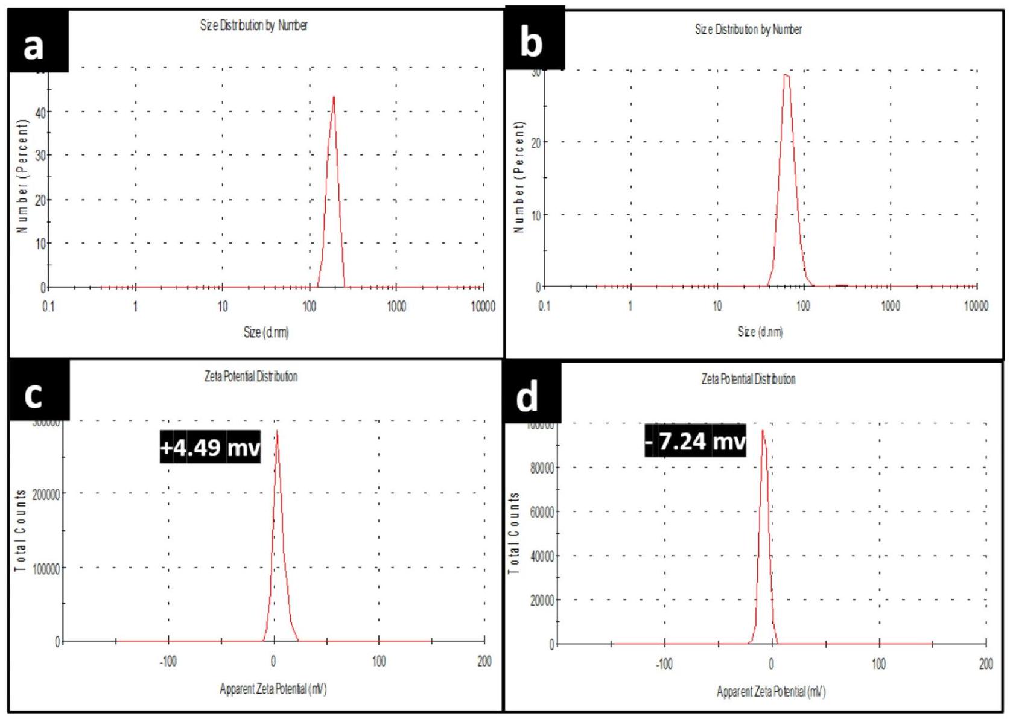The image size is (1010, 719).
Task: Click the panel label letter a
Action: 34,46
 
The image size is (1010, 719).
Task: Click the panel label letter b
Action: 531,43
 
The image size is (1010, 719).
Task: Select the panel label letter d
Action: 527,398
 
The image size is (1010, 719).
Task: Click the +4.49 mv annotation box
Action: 210,447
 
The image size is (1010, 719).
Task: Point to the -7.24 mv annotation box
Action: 695,441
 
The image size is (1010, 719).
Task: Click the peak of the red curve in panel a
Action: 334,97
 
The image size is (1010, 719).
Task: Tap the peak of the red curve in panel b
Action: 786,75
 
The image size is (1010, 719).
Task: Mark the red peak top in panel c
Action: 277,432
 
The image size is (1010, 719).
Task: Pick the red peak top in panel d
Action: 763,431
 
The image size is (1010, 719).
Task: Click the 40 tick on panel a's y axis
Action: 40,112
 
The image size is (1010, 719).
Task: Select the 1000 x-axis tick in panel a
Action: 396,306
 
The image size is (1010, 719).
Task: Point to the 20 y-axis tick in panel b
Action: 536,142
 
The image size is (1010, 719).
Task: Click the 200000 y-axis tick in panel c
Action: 46,494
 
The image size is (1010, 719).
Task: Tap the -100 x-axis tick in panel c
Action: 168,661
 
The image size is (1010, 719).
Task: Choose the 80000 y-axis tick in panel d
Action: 542,467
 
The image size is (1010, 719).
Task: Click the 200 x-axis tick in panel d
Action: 986,664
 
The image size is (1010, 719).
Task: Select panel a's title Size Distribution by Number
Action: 254,25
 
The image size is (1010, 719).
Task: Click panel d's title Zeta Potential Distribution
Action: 748,379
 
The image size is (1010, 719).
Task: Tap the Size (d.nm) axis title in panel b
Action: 760,332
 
